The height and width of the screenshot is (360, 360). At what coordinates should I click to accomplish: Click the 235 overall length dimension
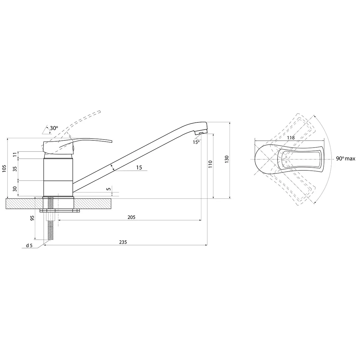[123, 242]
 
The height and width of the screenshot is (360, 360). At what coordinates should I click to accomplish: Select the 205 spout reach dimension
[131, 217]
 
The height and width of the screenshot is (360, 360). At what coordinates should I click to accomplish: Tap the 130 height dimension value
[226, 159]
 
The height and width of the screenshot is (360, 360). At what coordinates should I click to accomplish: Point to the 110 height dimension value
[210, 164]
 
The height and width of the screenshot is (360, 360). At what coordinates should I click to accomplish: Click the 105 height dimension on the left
[4, 169]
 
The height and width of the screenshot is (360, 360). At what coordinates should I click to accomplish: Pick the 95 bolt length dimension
[32, 218]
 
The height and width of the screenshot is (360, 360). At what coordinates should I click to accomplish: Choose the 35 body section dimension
[15, 169]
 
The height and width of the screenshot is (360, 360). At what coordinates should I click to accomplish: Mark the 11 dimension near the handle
[15, 155]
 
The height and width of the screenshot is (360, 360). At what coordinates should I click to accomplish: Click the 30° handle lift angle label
[54, 128]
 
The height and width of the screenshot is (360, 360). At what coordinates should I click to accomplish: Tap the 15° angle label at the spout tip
[196, 142]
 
